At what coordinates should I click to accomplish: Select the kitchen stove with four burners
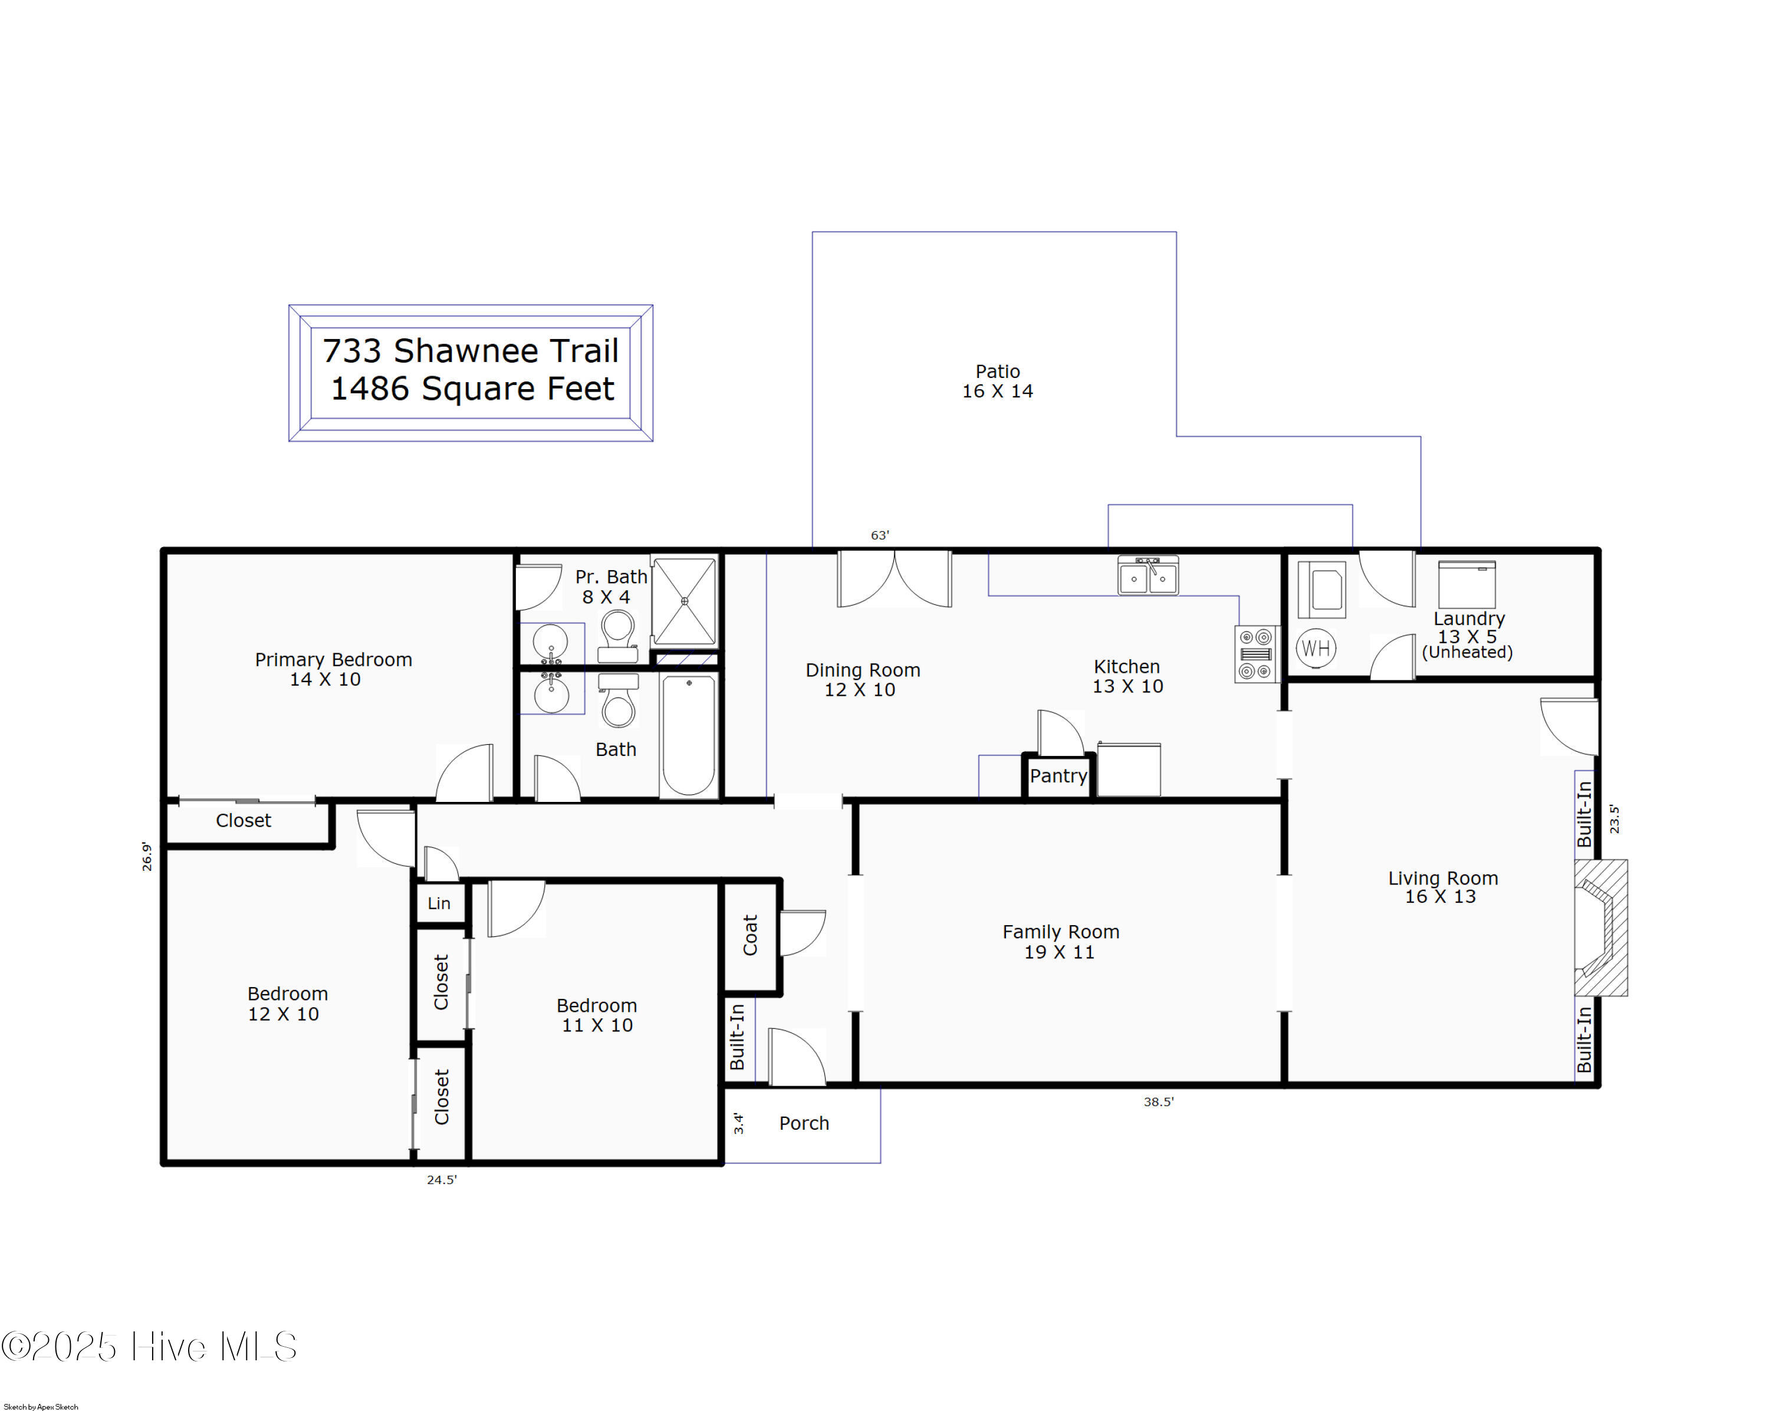point(1255,654)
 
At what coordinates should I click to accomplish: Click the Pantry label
point(1058,776)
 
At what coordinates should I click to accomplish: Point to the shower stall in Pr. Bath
point(684,600)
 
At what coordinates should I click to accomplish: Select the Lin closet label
point(439,903)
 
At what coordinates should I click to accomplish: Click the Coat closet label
point(750,935)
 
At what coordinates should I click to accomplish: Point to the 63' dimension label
point(880,535)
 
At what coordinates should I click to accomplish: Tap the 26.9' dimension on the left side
point(147,856)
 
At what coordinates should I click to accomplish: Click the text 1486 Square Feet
point(472,389)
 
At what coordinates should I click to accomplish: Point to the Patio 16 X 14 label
point(997,381)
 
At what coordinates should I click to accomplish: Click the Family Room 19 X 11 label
point(1060,942)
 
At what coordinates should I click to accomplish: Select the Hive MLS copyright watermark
point(149,1346)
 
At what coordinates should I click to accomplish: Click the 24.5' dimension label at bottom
point(442,1180)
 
